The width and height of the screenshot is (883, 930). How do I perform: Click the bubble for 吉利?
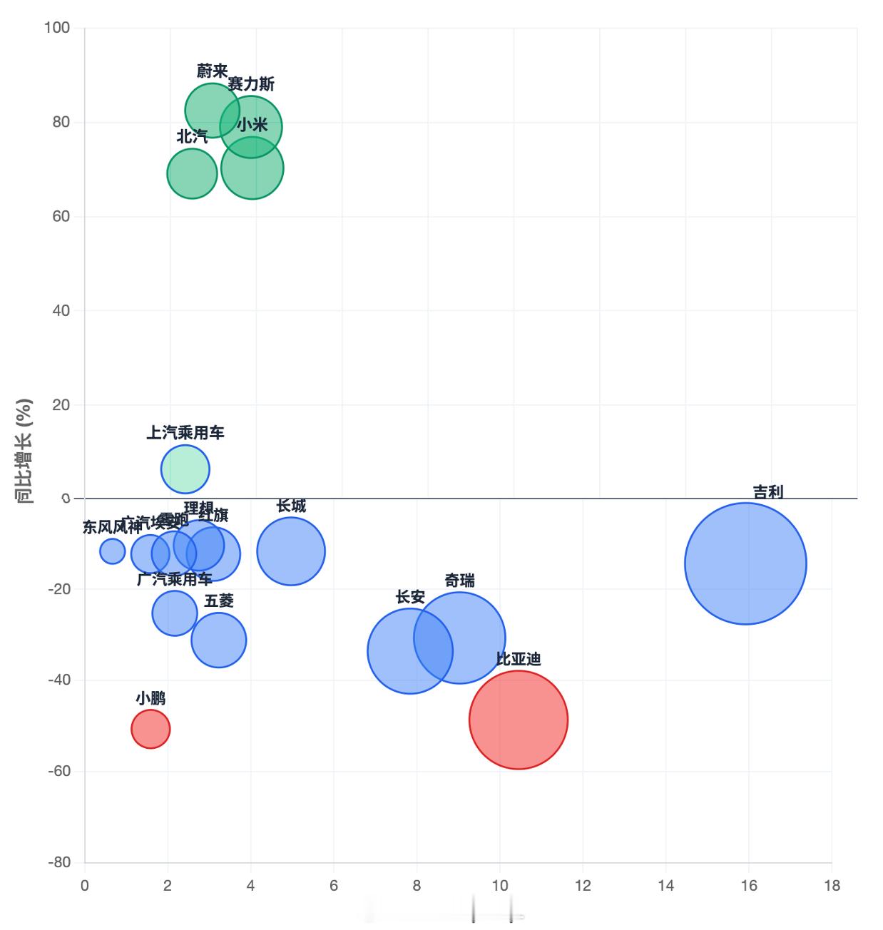click(745, 563)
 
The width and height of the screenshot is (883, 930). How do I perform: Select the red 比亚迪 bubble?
click(519, 720)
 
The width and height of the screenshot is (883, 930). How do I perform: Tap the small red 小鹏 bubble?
click(150, 729)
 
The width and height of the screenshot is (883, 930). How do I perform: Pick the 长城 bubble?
click(291, 551)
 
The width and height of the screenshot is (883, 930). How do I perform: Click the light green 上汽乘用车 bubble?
click(185, 469)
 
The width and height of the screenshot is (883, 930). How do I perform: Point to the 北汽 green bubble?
click(192, 173)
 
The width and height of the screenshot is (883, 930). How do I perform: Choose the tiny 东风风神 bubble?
click(113, 551)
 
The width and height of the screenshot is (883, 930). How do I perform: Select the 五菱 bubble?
click(219, 640)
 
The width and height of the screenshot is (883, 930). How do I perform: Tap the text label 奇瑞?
click(459, 581)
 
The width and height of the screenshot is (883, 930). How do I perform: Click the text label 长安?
click(410, 597)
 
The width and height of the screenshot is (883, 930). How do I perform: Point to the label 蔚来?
click(212, 71)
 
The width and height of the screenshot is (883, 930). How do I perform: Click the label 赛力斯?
click(251, 84)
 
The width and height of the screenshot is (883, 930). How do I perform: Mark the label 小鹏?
click(150, 697)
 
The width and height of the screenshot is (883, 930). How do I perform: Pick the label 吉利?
click(768, 492)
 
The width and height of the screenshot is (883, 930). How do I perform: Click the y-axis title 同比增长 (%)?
click(25, 451)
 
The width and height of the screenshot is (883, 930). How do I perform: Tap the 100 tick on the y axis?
click(57, 28)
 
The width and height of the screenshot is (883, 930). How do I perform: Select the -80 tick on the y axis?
click(59, 862)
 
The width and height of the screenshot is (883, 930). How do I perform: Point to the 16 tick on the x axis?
click(748, 886)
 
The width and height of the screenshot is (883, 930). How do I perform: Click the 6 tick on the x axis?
click(334, 886)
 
